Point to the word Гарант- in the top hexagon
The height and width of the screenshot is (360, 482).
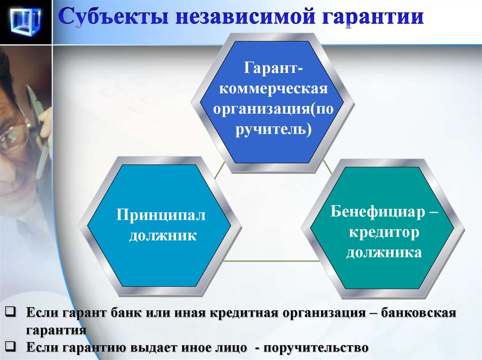tap(273, 68)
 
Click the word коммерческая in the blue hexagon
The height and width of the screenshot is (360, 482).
tap(273, 89)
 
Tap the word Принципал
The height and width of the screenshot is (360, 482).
tap(161, 215)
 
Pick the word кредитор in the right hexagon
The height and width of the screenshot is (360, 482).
tap(384, 233)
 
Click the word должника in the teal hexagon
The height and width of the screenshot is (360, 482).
tap(384, 253)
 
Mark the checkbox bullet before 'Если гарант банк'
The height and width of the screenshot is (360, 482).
tap(10, 312)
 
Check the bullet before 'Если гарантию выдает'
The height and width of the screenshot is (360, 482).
tap(10, 346)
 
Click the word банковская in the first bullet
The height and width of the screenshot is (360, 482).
tap(418, 313)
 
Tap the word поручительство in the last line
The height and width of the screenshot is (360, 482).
tap(316, 348)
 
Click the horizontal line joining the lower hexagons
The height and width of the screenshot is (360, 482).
tap(272, 261)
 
